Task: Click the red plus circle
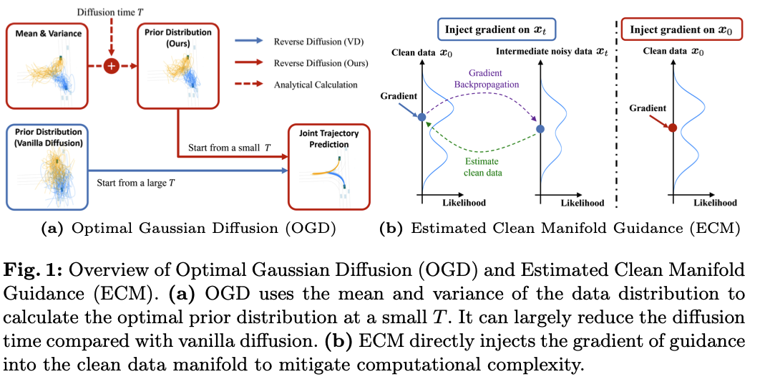pyautogui.click(x=111, y=66)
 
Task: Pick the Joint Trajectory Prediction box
pyautogui.click(x=329, y=164)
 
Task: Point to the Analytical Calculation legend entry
pyautogui.click(x=316, y=85)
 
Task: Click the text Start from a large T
pyautogui.click(x=135, y=183)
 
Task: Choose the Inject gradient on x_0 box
pyautogui.click(x=681, y=29)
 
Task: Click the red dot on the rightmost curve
pyautogui.click(x=672, y=128)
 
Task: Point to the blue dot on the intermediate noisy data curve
pyautogui.click(x=540, y=130)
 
